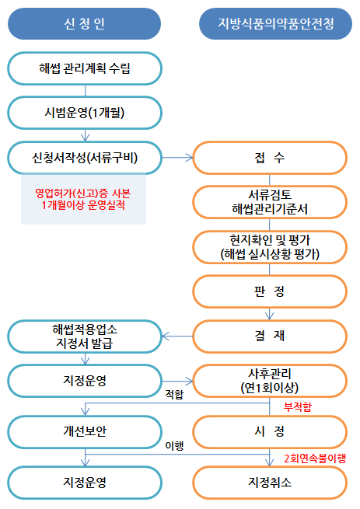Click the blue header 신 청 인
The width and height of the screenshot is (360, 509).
point(84,23)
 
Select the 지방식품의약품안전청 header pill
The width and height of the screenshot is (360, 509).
point(275,23)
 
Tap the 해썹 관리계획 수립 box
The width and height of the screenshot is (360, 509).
point(85,68)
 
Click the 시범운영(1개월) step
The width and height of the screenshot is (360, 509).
point(85,113)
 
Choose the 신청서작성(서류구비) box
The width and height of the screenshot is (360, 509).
point(85,158)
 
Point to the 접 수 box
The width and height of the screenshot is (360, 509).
point(270,158)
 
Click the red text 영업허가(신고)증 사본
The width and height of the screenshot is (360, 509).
point(83,193)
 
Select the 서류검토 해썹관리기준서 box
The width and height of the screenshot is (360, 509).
point(270,202)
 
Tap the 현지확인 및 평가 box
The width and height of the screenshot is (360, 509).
point(270,247)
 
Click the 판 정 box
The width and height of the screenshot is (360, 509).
point(270,291)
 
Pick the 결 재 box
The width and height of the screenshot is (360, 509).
point(270,336)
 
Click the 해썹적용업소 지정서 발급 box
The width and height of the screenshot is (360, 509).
point(85,336)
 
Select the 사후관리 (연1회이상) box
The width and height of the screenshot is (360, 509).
point(270,381)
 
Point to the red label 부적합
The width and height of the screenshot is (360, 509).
point(298,406)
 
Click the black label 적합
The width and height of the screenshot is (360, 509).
point(174,395)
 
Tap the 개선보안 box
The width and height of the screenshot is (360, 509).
point(85,432)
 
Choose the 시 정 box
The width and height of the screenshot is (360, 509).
point(270,432)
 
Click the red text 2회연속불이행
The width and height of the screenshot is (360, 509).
point(315,458)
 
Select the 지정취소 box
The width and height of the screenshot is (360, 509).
point(270,483)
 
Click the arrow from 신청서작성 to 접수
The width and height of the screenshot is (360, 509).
point(177,158)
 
